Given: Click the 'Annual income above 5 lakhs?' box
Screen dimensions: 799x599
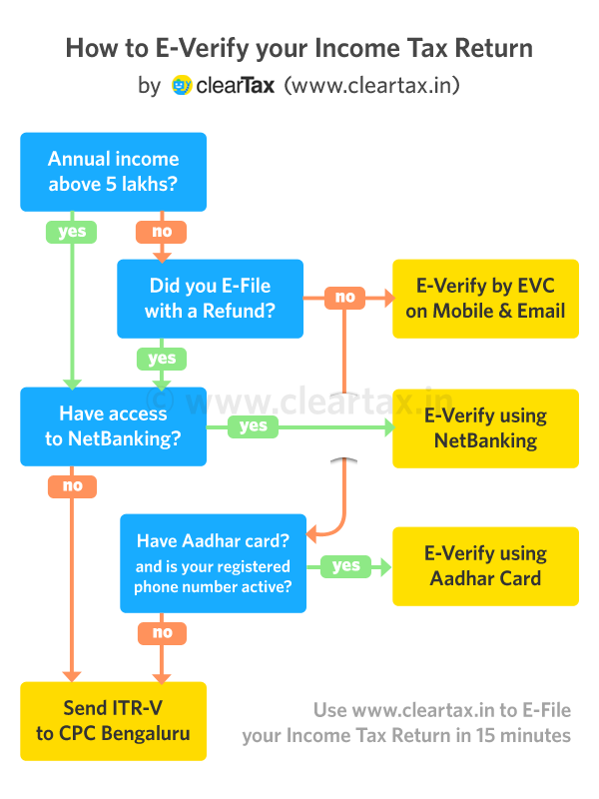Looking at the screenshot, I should tap(113, 171).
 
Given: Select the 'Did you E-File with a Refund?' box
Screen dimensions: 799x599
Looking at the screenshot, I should tap(210, 298).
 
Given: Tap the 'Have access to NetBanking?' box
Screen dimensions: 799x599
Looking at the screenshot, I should tap(113, 426).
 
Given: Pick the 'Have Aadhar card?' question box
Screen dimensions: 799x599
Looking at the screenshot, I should tap(214, 563).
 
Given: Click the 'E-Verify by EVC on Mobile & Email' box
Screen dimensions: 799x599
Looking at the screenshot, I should tap(485, 298).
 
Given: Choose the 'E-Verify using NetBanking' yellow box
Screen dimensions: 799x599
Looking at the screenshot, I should tap(485, 427).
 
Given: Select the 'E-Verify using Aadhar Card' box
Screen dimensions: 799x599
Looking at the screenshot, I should tap(485, 565).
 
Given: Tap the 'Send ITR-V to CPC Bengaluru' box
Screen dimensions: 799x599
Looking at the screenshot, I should tap(113, 720).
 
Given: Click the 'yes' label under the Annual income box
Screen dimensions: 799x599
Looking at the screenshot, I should tap(72, 231).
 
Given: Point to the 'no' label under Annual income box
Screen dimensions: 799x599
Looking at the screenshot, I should tap(161, 231).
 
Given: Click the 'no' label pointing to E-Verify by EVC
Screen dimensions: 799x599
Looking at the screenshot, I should tap(344, 297).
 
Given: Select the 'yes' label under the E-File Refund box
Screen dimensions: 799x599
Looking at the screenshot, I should tap(161, 358).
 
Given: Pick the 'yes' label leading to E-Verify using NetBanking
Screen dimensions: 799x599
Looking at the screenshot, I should tap(254, 426).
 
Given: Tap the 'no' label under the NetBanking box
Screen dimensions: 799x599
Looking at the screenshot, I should tap(72, 486).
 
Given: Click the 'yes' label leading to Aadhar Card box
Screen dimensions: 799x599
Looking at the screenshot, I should tap(345, 565).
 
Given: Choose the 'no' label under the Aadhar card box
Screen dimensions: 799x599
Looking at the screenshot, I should tap(162, 631).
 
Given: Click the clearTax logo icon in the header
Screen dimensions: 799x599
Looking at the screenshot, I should tap(182, 85).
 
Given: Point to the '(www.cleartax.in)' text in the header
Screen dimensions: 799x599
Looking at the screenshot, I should tap(371, 85).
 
